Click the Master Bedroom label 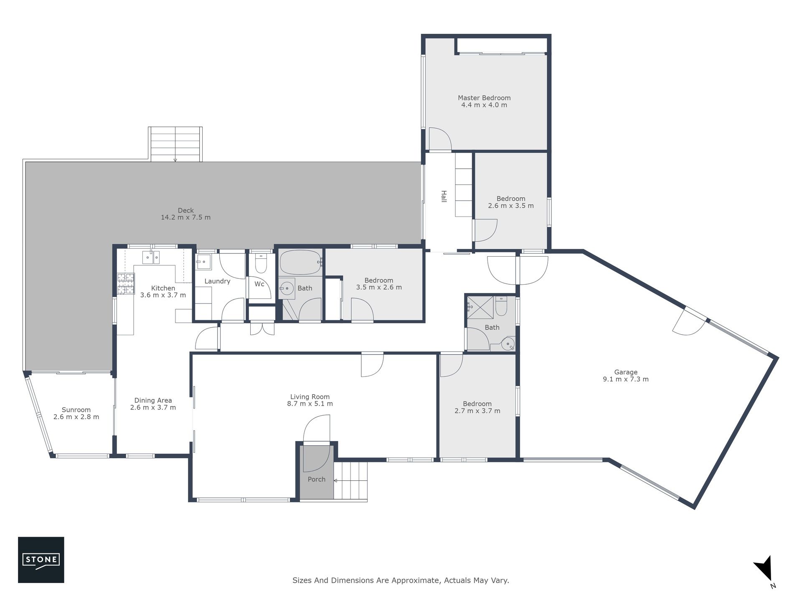(484, 98)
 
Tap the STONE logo (41, 560)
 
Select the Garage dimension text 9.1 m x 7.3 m (626, 379)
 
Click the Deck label (186, 210)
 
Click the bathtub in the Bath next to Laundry (301, 262)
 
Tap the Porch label (317, 480)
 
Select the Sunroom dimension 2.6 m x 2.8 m (76, 417)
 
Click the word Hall (444, 197)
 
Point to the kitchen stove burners (126, 283)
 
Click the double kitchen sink (151, 257)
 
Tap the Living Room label (310, 397)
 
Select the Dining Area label (153, 401)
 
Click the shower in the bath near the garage (480, 307)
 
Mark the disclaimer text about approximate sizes (401, 581)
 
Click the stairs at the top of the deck (175, 144)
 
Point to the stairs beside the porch (350, 480)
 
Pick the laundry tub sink (203, 262)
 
